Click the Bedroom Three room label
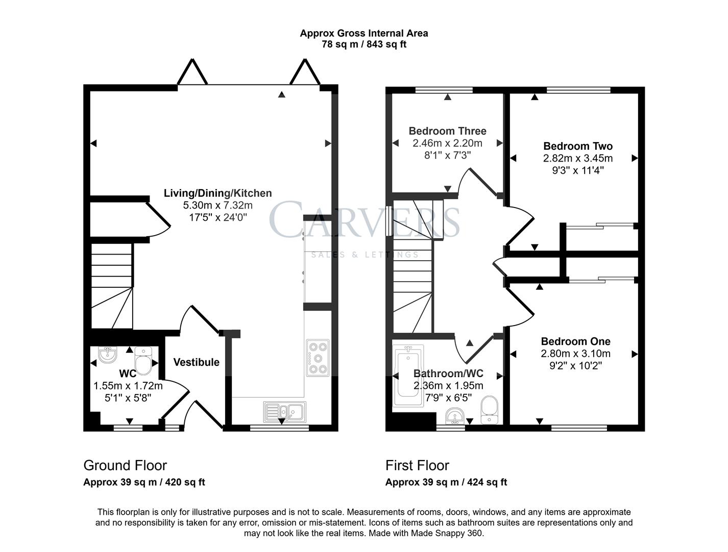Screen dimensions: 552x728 tap(447, 131)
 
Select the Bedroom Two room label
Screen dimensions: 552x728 tap(578, 146)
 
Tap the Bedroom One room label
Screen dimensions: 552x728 tap(575, 341)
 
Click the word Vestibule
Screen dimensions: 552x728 tap(196, 362)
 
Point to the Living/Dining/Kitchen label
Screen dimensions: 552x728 tap(217, 193)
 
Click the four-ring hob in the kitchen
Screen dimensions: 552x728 tap(318, 358)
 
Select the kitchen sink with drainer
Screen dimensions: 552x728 tap(285, 411)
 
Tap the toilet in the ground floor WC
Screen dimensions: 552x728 tap(143, 360)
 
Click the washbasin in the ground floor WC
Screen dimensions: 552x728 tap(108, 354)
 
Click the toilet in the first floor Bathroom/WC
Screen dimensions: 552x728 tap(489, 409)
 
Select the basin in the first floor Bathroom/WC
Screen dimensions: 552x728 tap(454, 417)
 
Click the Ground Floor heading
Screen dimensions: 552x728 tap(125, 466)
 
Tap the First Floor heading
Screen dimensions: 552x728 tap(417, 466)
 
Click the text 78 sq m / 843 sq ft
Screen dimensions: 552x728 tap(364, 44)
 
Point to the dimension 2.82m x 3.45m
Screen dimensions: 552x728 tap(578, 158)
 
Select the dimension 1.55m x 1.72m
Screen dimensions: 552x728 tap(128, 386)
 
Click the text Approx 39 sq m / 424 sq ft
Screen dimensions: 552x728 tap(446, 482)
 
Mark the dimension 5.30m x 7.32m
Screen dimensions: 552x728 tap(217, 205)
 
